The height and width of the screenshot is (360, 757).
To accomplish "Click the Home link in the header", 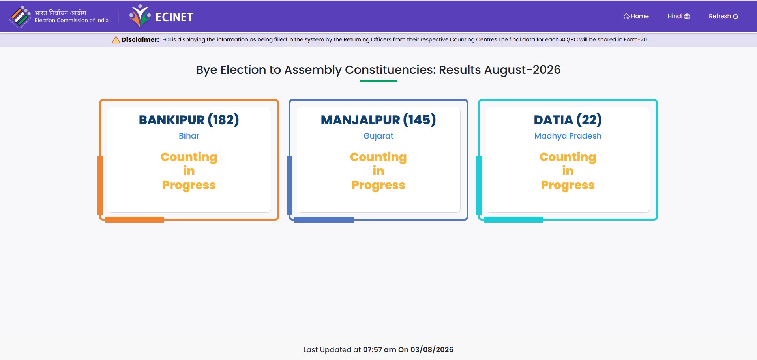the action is click(636, 16).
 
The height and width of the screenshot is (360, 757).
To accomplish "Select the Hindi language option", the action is click(678, 16).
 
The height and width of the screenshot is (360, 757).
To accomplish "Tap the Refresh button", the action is click(723, 16).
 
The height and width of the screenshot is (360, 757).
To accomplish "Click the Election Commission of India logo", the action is click(20, 17).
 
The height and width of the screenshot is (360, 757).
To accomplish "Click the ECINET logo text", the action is click(174, 17).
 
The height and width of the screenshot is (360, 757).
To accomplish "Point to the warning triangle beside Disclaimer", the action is click(116, 40).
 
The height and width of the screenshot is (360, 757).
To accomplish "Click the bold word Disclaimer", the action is click(140, 39).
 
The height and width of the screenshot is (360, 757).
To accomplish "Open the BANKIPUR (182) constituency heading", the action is click(189, 120).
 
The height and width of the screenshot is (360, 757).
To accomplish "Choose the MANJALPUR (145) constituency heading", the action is click(378, 120).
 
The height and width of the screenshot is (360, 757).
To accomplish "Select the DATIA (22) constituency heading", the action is click(568, 120).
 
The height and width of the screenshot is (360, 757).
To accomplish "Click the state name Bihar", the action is click(189, 136).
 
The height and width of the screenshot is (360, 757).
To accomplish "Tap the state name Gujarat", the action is click(378, 136).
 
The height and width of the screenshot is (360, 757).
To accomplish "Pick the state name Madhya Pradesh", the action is click(568, 136).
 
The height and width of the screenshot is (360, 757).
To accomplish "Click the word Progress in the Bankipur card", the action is click(189, 185).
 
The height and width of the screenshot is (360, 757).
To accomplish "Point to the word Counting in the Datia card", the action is click(568, 157).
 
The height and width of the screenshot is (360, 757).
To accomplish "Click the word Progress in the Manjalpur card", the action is click(378, 185).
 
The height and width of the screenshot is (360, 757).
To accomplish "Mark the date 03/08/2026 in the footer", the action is click(432, 349).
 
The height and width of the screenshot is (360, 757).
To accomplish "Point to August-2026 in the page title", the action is click(522, 69).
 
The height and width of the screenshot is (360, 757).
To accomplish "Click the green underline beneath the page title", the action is click(378, 81).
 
